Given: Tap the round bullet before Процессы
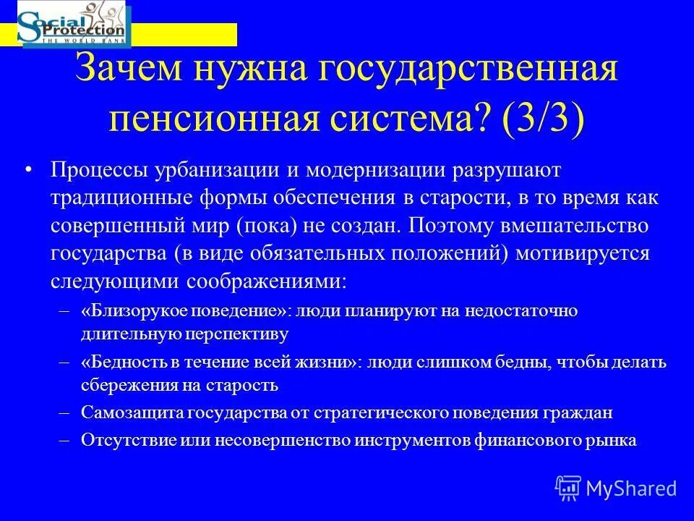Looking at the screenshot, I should [x=28, y=170].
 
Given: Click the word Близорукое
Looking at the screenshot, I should [x=130, y=310].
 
